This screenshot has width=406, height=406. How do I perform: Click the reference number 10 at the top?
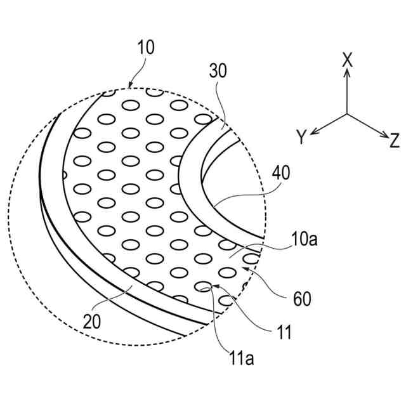(x=145, y=48)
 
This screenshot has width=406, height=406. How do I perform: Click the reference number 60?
(x=301, y=299)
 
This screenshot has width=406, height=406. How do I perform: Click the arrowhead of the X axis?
(x=347, y=72)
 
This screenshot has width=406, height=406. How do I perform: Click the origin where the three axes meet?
(x=347, y=114)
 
